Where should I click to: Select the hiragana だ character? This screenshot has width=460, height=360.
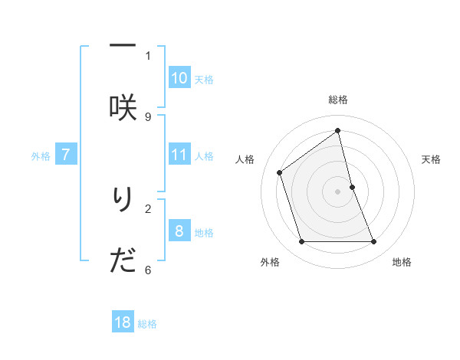coord(123,261)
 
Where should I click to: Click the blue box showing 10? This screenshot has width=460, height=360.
coord(179,77)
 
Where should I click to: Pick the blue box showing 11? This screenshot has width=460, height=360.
coord(179,155)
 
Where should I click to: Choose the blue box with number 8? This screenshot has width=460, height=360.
coord(179,231)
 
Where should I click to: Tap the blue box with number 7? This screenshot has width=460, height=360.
coord(66,155)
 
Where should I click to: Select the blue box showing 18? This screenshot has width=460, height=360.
coord(123,322)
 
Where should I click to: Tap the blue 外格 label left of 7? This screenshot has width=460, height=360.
coord(41,156)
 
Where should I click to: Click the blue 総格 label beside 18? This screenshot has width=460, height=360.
coord(147,324)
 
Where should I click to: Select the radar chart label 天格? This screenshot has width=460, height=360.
coord(432,159)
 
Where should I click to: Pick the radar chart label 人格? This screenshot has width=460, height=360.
coord(245,159)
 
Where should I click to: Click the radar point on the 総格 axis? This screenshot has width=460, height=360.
coord(338,131)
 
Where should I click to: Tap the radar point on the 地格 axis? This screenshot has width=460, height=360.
coord(374,242)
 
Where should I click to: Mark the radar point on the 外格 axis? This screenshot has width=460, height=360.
coord(301,242)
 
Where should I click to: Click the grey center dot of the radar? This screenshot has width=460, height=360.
coord(338,191)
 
